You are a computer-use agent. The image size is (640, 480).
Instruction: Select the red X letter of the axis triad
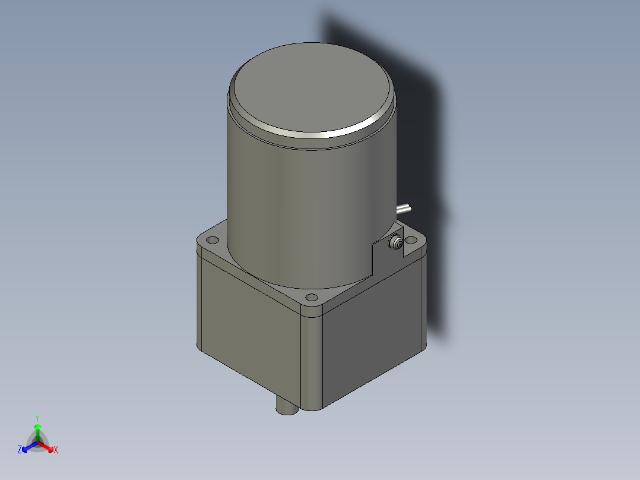point(56,450)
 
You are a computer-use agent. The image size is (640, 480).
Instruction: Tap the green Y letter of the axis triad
point(37,418)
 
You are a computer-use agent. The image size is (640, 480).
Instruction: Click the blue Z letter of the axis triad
point(20,450)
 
